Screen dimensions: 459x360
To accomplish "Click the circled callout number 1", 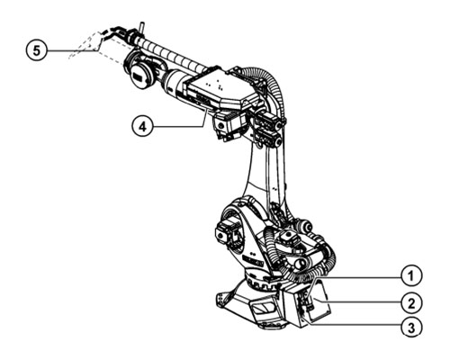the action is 411,275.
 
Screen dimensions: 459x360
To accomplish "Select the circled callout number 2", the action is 411,303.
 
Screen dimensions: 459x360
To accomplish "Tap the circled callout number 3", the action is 411,327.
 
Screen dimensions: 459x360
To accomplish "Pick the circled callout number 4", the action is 143,127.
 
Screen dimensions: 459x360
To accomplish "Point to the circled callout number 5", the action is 36,50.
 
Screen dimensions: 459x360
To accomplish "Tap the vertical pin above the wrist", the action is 141,28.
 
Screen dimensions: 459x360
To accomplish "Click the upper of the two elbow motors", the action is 268,121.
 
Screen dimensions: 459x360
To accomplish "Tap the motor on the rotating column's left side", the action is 227,233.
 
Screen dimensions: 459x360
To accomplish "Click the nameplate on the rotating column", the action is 253,262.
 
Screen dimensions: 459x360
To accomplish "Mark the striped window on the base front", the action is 264,309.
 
